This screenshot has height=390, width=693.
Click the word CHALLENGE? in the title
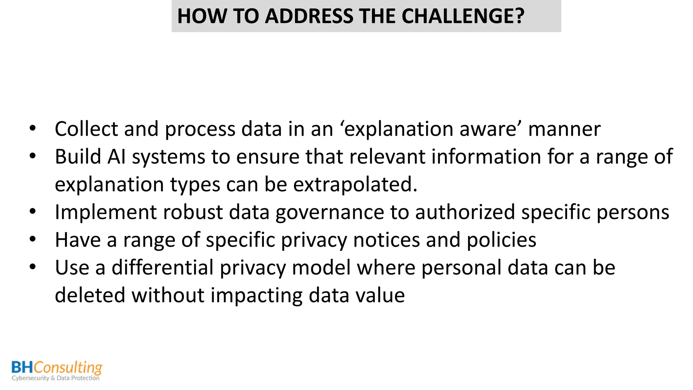pos(463,16)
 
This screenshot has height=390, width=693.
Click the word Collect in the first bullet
pos(87,129)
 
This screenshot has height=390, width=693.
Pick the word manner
pos(564,129)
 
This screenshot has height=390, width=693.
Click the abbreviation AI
pos(116,157)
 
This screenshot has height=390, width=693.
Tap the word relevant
pos(387,157)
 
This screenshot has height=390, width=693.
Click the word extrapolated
pos(355,185)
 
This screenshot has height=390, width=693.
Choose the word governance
pos(330,212)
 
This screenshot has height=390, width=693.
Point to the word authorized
pos(465,212)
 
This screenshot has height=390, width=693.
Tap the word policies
pos(501,240)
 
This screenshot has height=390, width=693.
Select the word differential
pos(162,268)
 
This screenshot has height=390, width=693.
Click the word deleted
pos(90,296)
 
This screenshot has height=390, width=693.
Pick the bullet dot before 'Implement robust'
pos(32,212)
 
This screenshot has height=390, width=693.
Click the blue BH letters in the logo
pos(22,367)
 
